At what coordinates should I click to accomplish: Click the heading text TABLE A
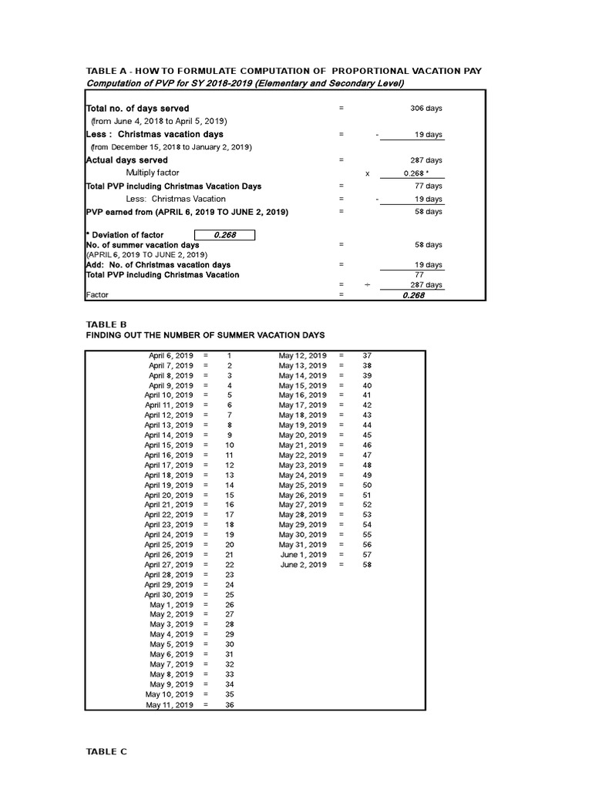[x=109, y=71]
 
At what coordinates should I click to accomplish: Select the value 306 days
[x=426, y=109]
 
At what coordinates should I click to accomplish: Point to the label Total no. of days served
[x=137, y=109]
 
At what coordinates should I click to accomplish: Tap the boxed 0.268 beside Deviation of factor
[x=224, y=235]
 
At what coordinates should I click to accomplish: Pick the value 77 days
[x=429, y=186]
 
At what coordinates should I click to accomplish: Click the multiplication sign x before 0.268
[x=367, y=173]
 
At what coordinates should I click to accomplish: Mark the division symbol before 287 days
[x=367, y=284]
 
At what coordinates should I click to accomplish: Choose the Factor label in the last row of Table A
[x=96, y=294]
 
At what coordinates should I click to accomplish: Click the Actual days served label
[x=126, y=160]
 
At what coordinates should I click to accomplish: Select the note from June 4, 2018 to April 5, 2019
[x=159, y=121]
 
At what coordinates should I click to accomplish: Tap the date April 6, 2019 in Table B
[x=171, y=355]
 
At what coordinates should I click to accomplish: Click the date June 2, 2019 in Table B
[x=304, y=565]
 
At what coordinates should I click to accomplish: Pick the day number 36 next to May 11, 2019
[x=230, y=705]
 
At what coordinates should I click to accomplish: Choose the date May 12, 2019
[x=303, y=355]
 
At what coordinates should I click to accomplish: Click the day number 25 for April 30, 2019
[x=230, y=595]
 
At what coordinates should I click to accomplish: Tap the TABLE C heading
[x=106, y=751]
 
